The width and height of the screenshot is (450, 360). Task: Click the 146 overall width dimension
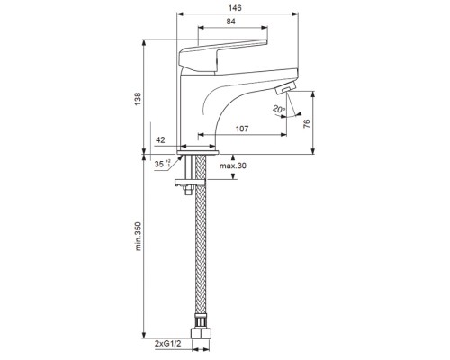[235, 8]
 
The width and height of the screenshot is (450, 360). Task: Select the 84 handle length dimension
[231, 22]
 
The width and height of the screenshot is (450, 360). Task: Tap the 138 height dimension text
[138, 99]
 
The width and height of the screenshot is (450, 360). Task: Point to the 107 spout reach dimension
[242, 129]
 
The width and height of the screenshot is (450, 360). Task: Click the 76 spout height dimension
[306, 123]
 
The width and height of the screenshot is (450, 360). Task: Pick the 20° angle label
[279, 109]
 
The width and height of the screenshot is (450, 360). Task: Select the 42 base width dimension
[160, 140]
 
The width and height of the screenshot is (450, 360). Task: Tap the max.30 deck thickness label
[233, 166]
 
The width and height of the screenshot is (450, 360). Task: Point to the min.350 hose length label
[138, 237]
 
